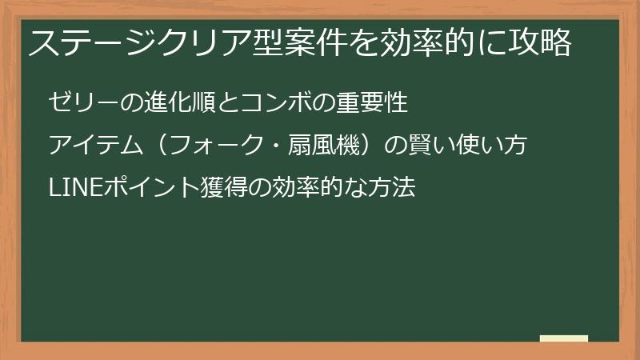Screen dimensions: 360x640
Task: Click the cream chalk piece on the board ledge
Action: pos(564,338)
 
